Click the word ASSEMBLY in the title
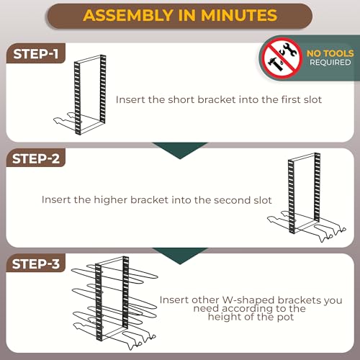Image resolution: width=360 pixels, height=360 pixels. (127, 15)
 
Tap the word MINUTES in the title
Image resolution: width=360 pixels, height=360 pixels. (239, 15)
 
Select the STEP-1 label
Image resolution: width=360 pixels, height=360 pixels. (36, 54)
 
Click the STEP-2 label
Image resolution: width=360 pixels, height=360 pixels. (36, 159)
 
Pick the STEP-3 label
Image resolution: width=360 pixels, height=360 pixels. (36, 264)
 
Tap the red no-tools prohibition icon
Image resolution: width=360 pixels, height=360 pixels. (282, 58)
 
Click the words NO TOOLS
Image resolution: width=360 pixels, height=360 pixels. (330, 53)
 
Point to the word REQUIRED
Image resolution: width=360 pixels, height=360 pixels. (330, 63)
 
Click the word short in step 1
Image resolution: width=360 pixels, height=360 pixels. (181, 99)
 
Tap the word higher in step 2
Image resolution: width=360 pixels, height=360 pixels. (110, 199)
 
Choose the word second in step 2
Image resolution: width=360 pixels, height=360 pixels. (233, 200)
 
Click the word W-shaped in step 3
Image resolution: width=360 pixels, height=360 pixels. (248, 301)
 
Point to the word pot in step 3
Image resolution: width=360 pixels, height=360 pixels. (285, 318)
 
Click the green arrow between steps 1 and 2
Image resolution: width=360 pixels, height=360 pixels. (180, 149)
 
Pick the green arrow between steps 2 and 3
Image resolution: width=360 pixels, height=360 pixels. (180, 255)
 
